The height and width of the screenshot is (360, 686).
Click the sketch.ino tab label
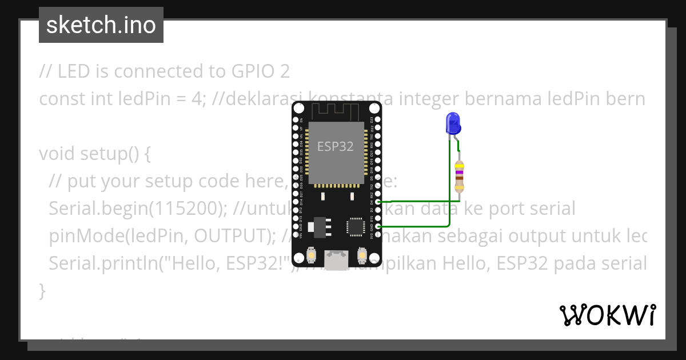[101, 25]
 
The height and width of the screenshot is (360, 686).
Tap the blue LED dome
[453, 122]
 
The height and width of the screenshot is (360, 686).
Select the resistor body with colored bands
[459, 177]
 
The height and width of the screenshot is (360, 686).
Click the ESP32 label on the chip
[336, 146]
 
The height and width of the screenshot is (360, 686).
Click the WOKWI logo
[607, 315]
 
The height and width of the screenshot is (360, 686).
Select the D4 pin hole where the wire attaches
[378, 202]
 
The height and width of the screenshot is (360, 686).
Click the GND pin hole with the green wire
[378, 226]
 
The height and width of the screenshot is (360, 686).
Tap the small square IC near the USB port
[354, 227]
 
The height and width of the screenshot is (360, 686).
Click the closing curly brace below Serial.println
[42, 291]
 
